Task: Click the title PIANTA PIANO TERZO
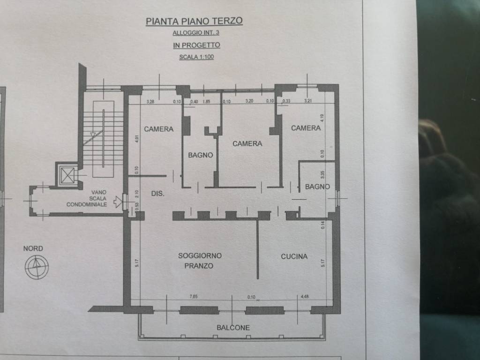194,21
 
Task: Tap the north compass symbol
37,267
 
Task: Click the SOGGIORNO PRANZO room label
200,261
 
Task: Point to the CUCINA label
294,256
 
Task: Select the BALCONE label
233,328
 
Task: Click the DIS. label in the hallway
157,193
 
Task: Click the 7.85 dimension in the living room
193,296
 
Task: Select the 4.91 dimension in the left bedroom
136,139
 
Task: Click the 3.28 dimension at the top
150,101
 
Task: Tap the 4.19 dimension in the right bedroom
322,118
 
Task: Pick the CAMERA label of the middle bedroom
247,143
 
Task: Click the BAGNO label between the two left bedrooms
201,155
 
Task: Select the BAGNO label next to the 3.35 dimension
317,187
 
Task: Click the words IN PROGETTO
196,45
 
